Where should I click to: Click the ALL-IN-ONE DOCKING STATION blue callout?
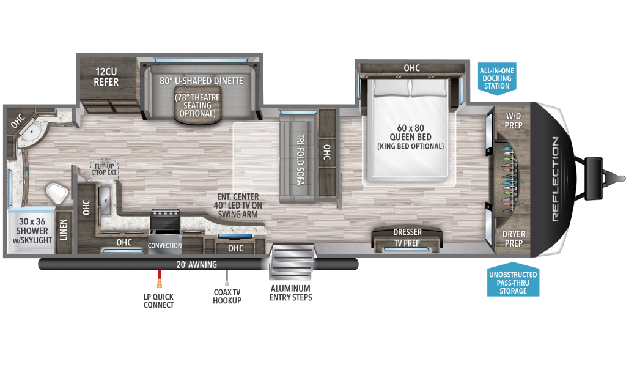click(496, 78)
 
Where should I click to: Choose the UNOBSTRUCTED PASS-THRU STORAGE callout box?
click(513, 282)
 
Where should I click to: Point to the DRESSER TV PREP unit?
click(406, 237)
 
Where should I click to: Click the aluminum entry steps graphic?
click(292, 261)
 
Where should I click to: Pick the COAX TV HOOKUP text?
click(227, 296)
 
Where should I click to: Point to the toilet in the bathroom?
click(57, 194)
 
